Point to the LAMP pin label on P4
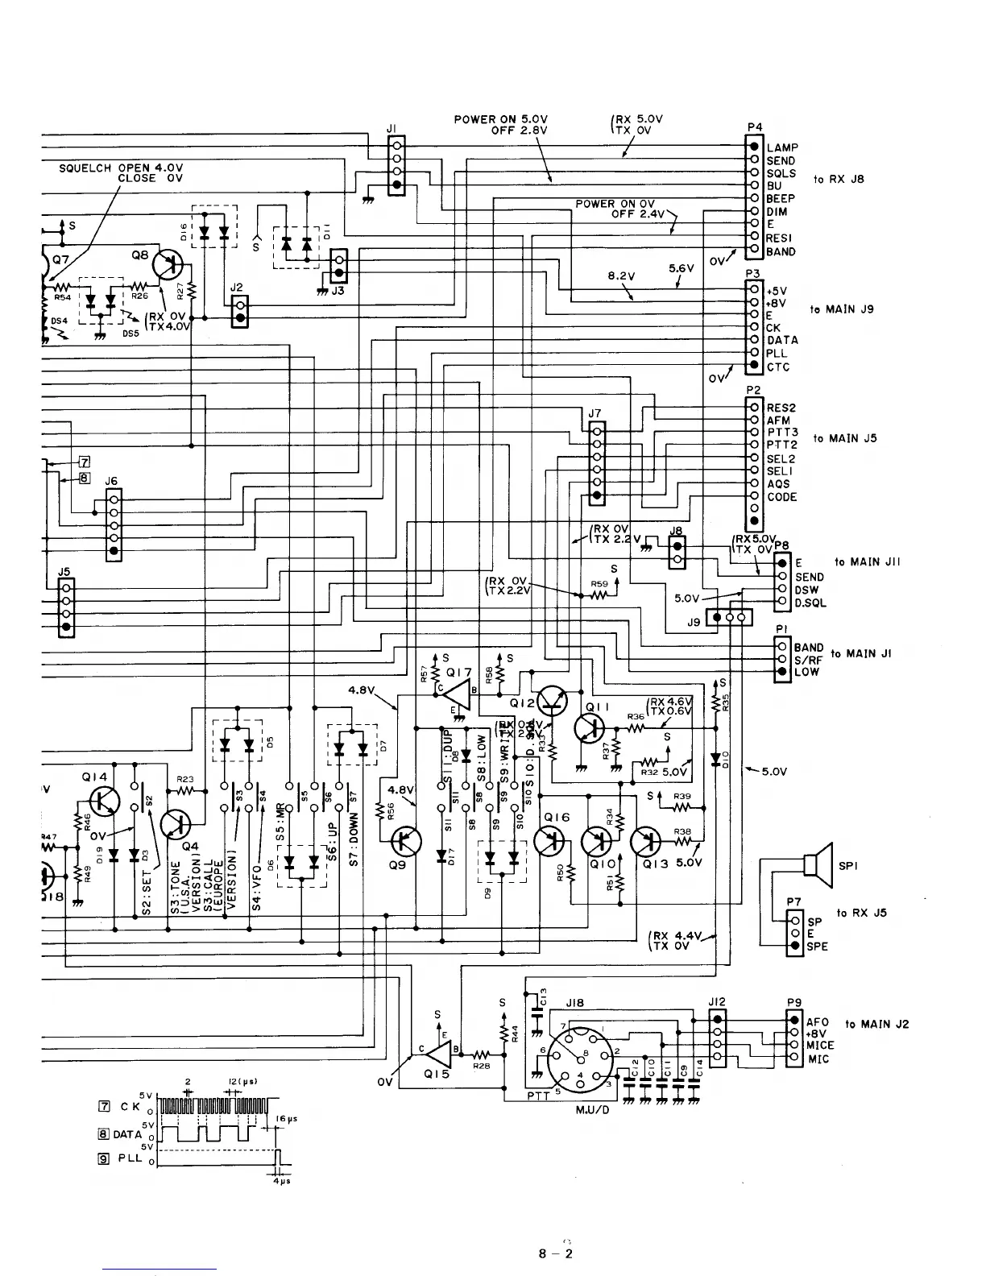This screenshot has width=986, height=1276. (x=781, y=147)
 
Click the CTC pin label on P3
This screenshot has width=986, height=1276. (x=778, y=367)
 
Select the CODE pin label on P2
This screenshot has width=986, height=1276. (x=781, y=497)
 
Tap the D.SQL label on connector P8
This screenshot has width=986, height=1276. (x=810, y=603)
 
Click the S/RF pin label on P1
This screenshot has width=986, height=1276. (x=807, y=660)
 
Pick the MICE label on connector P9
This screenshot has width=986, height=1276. (x=820, y=1045)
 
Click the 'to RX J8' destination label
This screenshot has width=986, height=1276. (x=839, y=179)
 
